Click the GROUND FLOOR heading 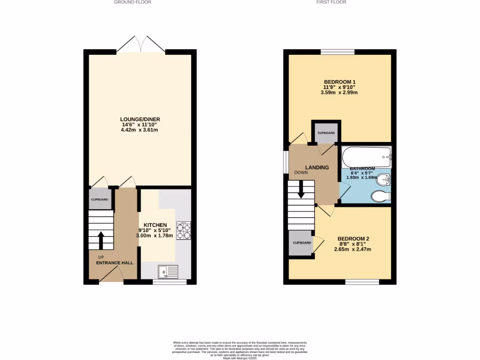(133, 2)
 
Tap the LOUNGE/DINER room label (140, 120)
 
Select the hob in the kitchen (183, 230)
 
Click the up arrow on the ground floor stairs (101, 240)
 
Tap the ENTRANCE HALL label (115, 263)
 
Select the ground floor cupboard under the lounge (100, 200)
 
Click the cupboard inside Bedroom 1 (326, 133)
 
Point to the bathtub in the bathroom (366, 154)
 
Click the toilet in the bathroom (380, 196)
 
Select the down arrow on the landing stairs (300, 190)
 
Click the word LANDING (317, 167)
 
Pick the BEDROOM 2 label (353, 239)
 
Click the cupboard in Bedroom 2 (302, 243)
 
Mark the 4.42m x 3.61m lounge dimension (140, 130)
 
